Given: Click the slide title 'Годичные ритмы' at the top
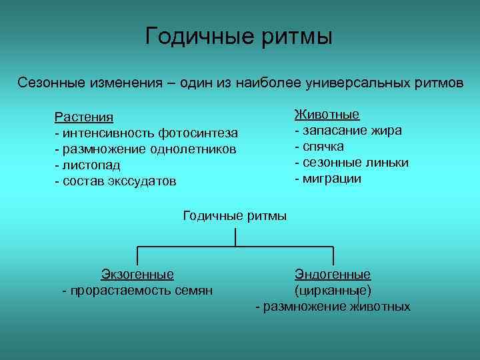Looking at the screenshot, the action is (x=239, y=36).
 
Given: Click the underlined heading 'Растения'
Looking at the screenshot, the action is (x=83, y=117).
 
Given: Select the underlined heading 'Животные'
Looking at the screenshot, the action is (x=327, y=115).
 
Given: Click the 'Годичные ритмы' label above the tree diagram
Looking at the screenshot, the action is (x=235, y=215).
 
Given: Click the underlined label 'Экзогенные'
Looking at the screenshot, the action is (x=137, y=274).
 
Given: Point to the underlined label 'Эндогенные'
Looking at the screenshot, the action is (x=333, y=274).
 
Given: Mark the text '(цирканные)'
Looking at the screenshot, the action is (x=333, y=290).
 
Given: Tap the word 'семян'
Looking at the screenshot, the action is (x=193, y=290).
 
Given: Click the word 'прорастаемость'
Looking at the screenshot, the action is (x=119, y=290).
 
